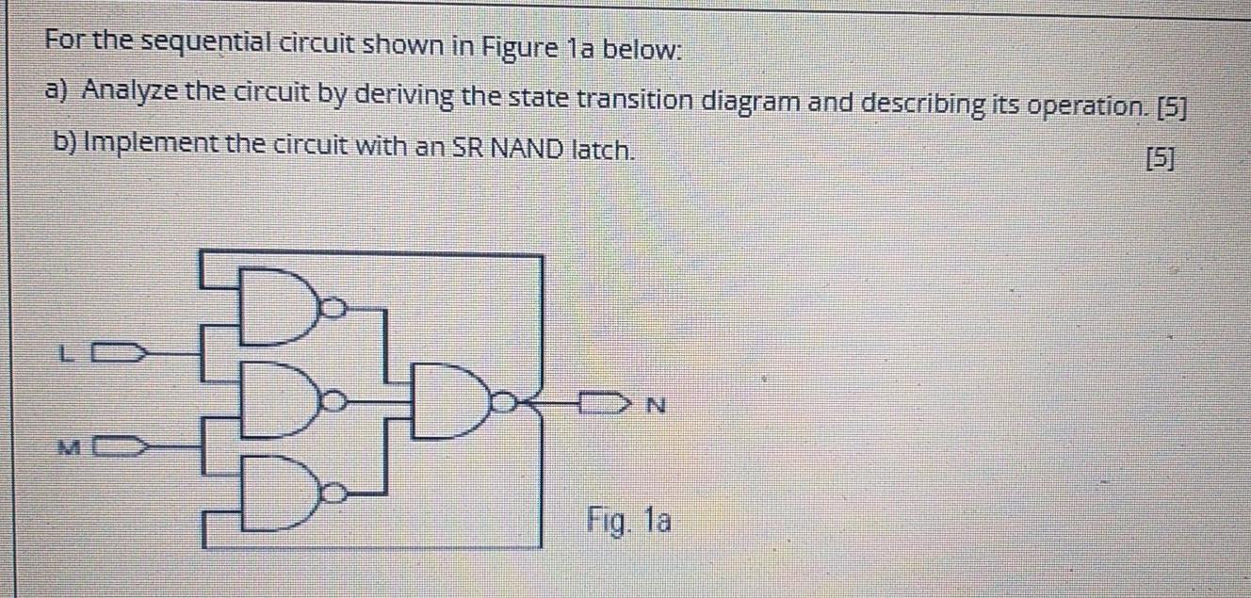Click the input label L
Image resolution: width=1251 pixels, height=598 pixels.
pyautogui.click(x=64, y=356)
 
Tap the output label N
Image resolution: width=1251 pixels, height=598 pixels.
pyautogui.click(x=657, y=407)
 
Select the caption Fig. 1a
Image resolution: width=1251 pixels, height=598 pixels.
pyautogui.click(x=629, y=519)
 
